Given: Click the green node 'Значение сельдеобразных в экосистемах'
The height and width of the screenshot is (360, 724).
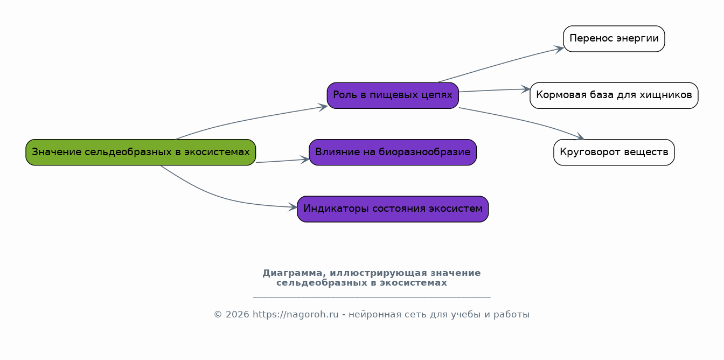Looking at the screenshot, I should click(x=141, y=152).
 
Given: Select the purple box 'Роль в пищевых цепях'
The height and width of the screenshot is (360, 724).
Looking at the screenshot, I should click(x=393, y=95).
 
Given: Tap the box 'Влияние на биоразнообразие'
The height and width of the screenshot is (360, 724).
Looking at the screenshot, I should click(x=393, y=152).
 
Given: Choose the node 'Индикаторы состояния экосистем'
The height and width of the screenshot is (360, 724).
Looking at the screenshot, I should click(x=393, y=209).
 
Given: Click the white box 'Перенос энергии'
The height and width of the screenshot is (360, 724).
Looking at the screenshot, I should click(x=614, y=39).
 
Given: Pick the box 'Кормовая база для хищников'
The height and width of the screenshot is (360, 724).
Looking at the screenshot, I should click(x=614, y=95).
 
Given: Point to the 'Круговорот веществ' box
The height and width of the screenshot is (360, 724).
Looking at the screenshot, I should click(x=614, y=152).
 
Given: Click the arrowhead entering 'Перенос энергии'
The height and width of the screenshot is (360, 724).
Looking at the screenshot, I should click(x=560, y=49).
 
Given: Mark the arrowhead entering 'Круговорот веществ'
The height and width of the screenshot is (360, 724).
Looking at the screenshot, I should click(x=580, y=137).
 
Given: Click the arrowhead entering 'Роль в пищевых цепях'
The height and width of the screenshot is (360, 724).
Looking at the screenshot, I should click(x=323, y=107).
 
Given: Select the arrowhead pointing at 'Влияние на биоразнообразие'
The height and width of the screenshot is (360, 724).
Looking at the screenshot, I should click(x=305, y=159).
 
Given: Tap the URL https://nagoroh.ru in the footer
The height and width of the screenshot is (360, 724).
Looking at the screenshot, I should click(x=295, y=315).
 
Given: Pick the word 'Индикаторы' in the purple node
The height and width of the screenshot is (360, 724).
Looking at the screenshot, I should click(x=329, y=209).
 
